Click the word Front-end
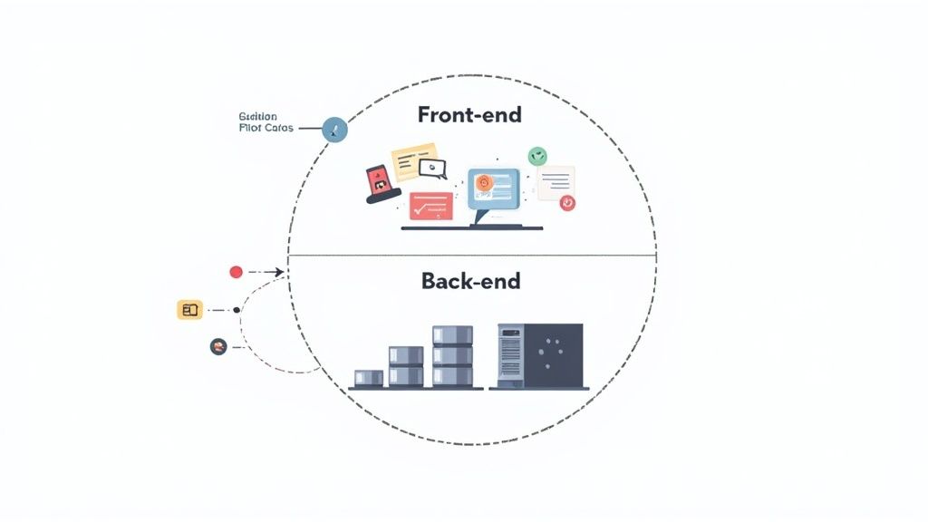(x=470, y=115)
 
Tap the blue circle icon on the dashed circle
(x=335, y=130)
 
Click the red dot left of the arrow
(x=237, y=272)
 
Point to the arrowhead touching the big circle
(x=282, y=272)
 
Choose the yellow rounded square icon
(x=189, y=310)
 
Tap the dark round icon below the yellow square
(x=217, y=345)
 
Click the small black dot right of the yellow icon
(x=237, y=310)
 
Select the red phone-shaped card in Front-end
(x=380, y=183)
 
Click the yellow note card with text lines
(x=414, y=162)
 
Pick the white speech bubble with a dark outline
(x=433, y=168)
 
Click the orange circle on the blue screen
(x=484, y=182)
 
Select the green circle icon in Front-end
(x=538, y=156)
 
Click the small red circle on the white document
(x=567, y=203)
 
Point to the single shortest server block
(x=369, y=378)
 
